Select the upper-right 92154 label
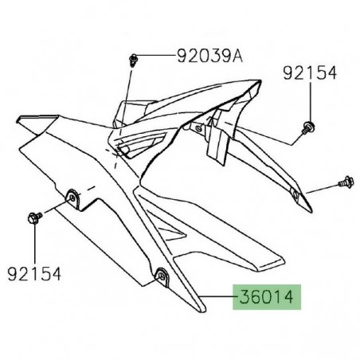click(x=310, y=73)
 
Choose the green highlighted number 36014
click(x=268, y=298)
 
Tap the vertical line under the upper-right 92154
click(x=307, y=100)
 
